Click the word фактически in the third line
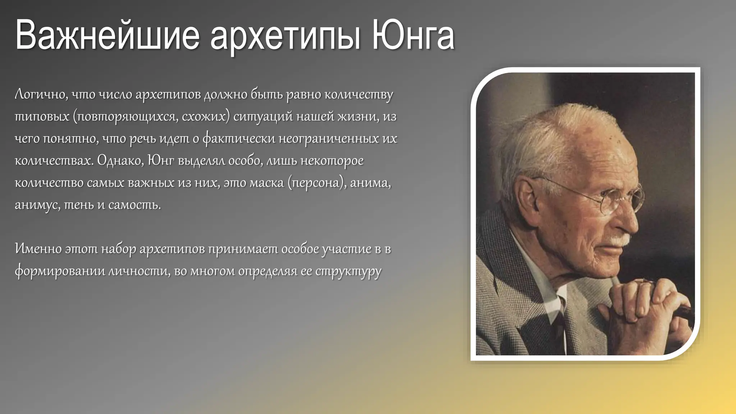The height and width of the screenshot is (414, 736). [239, 139]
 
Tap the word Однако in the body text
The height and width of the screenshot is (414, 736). [120, 160]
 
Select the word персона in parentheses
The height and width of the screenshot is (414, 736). [316, 183]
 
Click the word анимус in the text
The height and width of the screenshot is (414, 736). [37, 205]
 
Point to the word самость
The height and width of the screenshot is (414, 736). [134, 205]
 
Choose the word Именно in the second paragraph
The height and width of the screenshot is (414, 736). [38, 249]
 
